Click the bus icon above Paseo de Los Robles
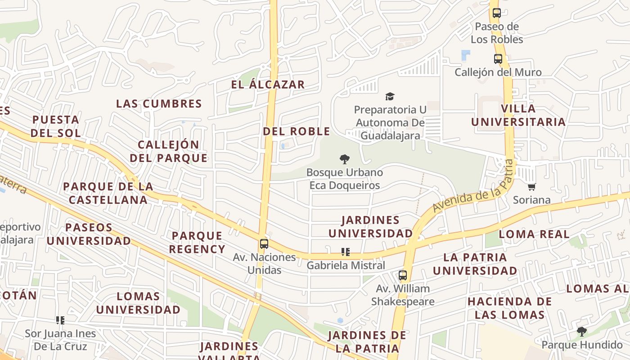[x=497, y=13]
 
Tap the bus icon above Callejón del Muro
[x=498, y=59]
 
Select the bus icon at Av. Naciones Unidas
[x=264, y=244]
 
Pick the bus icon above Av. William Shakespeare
[x=403, y=275]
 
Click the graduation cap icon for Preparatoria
[x=390, y=96]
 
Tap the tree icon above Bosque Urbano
[x=345, y=159]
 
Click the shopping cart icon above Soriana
[x=532, y=187]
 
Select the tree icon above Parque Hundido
[x=582, y=332]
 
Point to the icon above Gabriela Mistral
[x=345, y=252]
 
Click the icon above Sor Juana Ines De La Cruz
[x=60, y=320]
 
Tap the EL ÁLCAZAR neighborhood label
[x=268, y=85]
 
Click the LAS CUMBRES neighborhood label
[x=159, y=104]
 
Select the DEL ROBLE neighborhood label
[x=296, y=131]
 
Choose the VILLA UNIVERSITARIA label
[x=518, y=115]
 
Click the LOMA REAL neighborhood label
[x=534, y=234]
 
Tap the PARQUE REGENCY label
[x=197, y=243]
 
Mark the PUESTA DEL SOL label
[x=56, y=126]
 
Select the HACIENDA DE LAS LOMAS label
[x=509, y=308]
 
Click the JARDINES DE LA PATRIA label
[x=367, y=342]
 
